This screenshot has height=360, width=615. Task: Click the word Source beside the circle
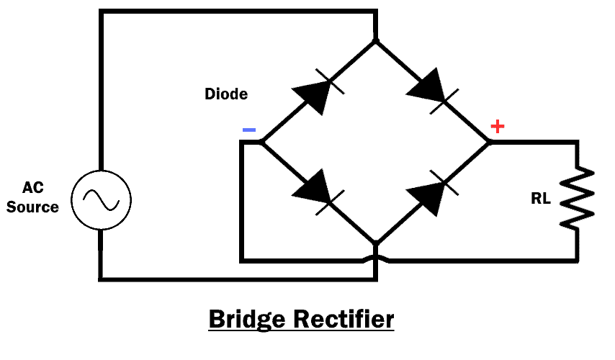[33, 207]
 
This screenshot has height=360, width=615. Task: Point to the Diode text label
[226, 94]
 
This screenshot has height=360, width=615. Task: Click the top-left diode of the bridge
[315, 91]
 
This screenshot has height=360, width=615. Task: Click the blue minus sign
[248, 130]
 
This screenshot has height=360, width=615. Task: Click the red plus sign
[497, 127]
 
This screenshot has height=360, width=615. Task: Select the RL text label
[541, 199]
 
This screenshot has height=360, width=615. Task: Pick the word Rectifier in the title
[345, 318]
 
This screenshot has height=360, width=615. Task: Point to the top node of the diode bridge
[375, 40]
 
